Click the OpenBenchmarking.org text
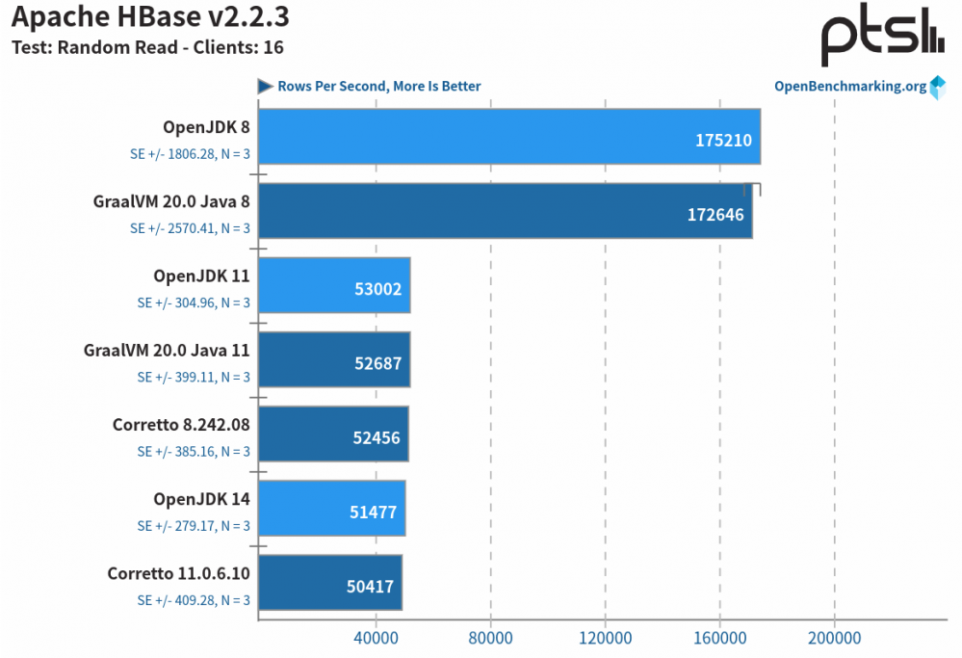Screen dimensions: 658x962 click(850, 86)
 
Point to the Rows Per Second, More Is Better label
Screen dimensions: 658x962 click(378, 86)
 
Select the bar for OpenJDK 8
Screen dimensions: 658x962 click(508, 137)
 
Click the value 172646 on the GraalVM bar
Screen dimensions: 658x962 click(715, 214)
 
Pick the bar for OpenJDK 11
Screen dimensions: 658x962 click(334, 285)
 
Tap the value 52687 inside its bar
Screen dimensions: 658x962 click(377, 363)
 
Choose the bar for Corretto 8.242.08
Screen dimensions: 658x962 click(333, 434)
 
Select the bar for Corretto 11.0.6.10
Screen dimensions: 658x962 click(329, 582)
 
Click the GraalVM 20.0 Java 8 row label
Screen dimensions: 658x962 click(171, 201)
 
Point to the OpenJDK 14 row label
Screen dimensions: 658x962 click(201, 498)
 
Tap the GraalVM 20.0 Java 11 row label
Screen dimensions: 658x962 click(167, 350)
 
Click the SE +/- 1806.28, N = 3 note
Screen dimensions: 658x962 click(190, 153)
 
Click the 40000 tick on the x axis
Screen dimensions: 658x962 click(375, 638)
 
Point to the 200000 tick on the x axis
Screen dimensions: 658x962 click(834, 638)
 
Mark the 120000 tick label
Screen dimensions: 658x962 click(605, 638)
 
